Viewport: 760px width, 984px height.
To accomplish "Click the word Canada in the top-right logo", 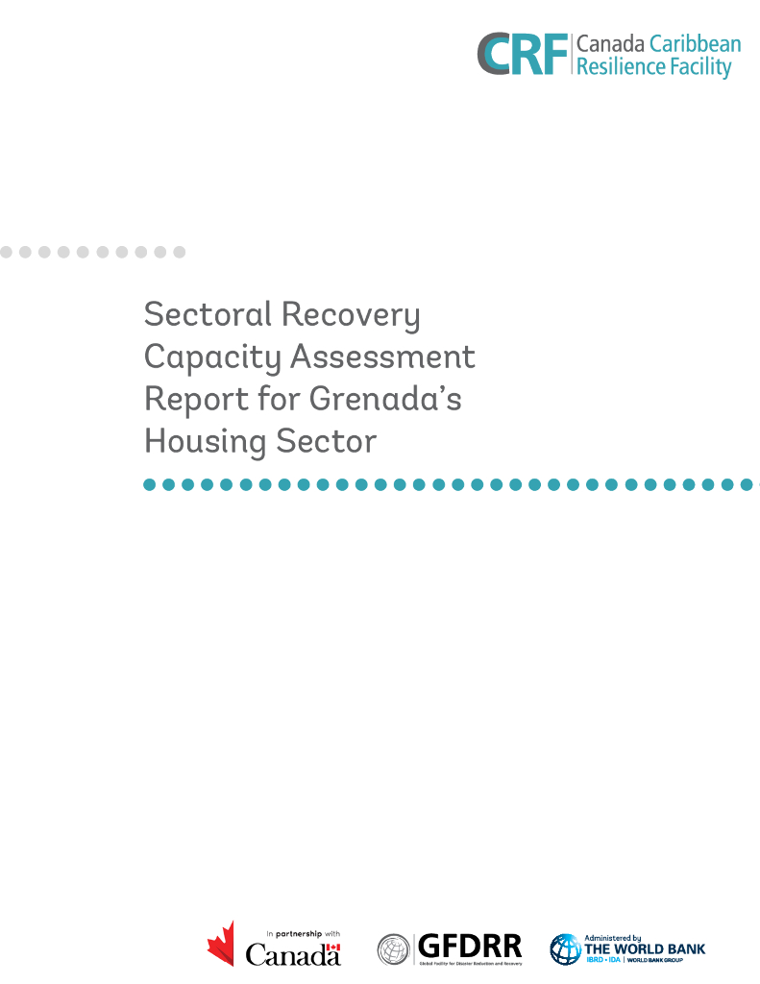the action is [609, 44].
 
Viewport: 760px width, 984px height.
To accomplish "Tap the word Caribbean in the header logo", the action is [695, 44].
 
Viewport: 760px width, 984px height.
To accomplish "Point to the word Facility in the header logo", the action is [699, 66].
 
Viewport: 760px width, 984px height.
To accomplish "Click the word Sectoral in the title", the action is [197, 313].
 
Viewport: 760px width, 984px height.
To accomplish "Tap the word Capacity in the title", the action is [211, 357].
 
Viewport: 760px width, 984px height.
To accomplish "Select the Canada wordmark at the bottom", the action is [293, 953].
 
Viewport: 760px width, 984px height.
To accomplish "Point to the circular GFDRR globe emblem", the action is [393, 948].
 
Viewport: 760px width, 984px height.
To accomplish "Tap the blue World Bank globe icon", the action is [566, 949].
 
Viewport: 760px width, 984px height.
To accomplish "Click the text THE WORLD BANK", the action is [645, 949].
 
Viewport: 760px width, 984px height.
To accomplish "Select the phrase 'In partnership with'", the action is [304, 933].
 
